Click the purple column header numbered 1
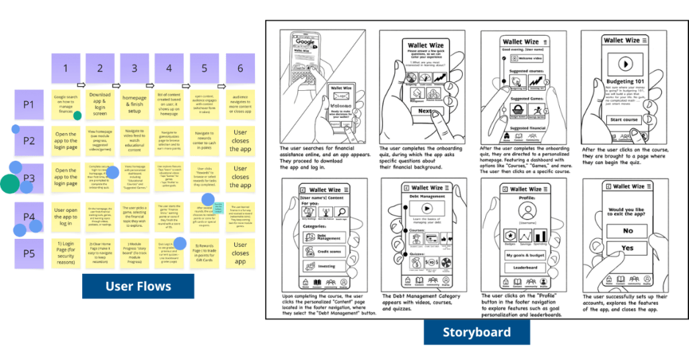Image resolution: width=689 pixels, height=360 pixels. [66, 69]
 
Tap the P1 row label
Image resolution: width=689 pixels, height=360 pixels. [29, 104]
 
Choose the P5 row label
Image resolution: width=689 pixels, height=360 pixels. [29, 254]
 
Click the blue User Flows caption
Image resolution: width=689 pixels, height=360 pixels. [138, 286]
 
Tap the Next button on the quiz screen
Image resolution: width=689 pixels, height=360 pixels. [426, 111]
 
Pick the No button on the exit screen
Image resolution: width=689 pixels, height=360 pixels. [627, 231]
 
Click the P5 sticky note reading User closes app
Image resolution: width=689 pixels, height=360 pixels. [240, 253]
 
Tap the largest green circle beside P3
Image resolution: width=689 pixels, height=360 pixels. [9, 183]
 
